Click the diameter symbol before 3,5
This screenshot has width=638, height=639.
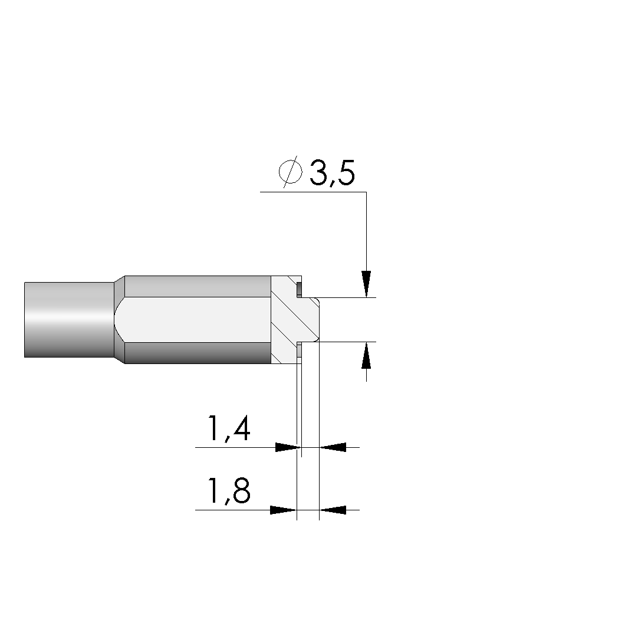291,172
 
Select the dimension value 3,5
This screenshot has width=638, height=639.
332,173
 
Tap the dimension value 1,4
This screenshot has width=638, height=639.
229,429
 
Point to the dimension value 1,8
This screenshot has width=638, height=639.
229,491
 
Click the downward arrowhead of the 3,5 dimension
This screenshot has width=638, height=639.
366,284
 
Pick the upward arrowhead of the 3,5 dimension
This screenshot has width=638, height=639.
366,355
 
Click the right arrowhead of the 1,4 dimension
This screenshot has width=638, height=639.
333,447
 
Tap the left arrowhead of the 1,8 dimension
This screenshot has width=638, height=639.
284,510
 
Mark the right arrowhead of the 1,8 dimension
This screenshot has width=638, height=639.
333,510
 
